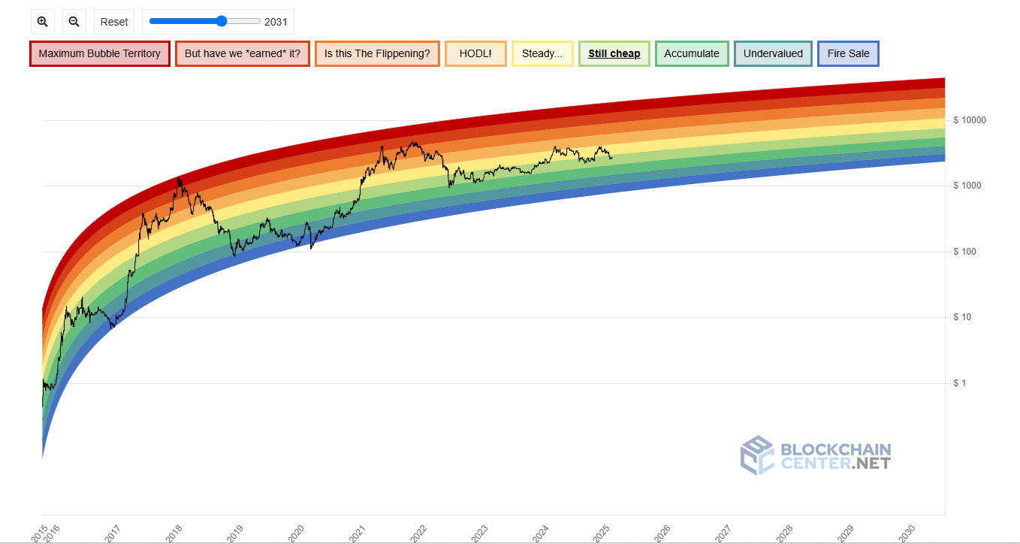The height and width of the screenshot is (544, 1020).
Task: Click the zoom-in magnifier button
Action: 43,22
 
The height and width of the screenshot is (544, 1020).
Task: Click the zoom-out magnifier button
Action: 74,22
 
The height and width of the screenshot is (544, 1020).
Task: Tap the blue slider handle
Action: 222,21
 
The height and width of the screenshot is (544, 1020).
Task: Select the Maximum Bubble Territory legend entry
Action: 99,54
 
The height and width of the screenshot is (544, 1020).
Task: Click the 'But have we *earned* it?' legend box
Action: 242,54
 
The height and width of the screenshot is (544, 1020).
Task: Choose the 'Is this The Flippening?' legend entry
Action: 377,54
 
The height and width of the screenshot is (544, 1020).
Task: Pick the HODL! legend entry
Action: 475,54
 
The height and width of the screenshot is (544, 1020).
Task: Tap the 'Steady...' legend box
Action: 542,54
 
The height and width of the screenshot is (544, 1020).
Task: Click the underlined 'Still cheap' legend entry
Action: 614,54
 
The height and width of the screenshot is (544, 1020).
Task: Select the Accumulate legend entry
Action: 692,54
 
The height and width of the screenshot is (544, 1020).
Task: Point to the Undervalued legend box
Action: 773,54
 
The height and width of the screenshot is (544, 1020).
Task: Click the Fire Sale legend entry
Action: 848,54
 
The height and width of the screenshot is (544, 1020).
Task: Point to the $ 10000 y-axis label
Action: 969,120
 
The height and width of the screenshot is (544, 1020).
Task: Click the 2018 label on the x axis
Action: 174,533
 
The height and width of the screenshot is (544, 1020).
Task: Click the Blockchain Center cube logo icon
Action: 756,455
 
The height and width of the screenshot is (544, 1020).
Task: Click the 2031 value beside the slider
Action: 276,22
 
